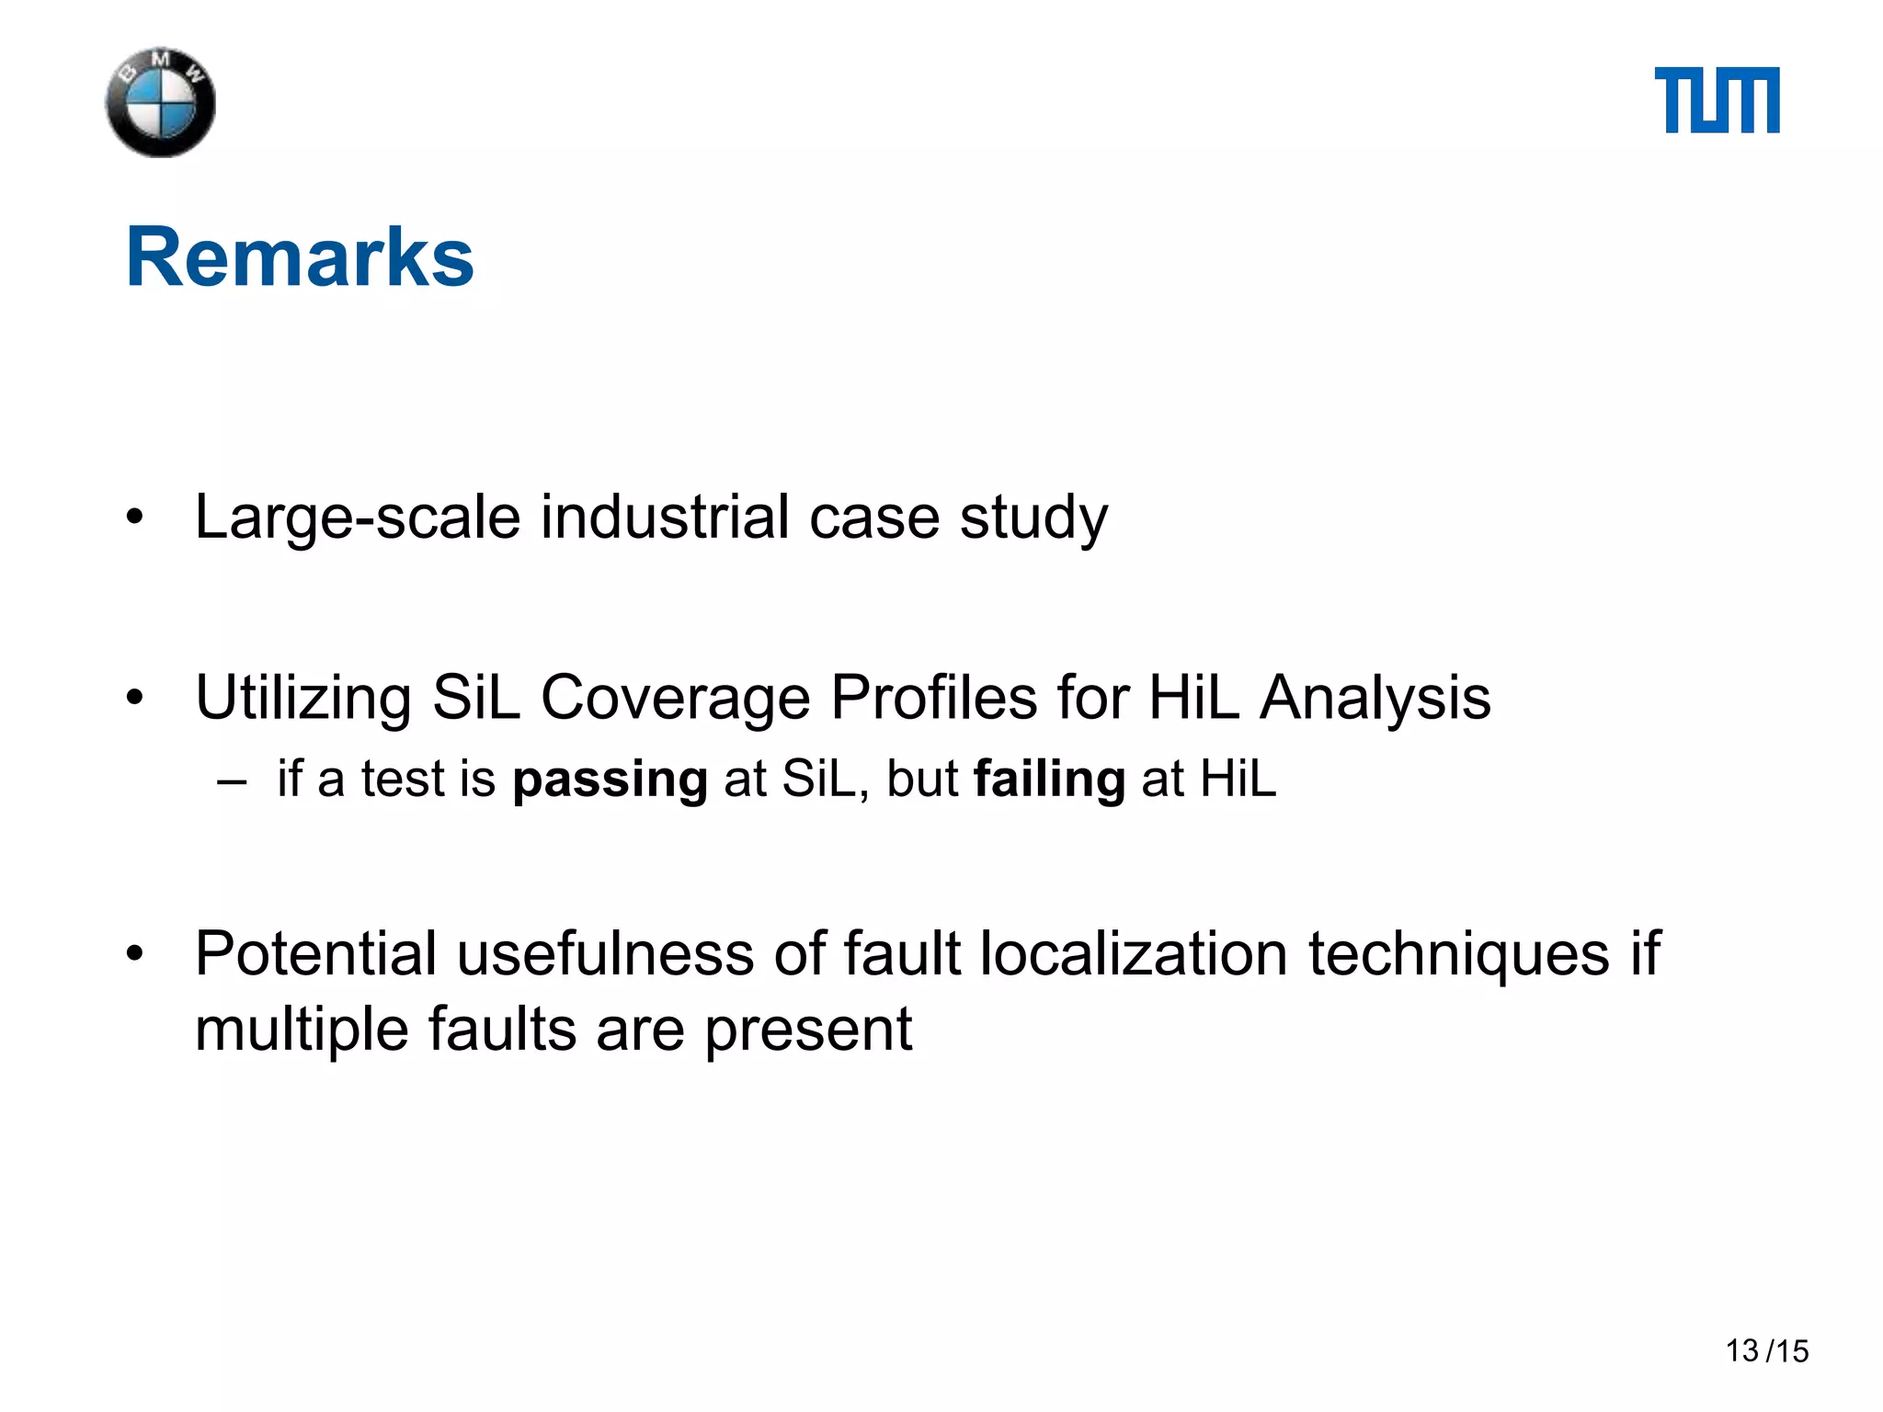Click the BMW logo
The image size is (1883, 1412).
click(161, 102)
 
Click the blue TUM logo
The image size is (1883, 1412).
click(1717, 100)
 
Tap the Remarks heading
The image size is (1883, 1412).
click(300, 257)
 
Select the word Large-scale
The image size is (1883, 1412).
click(358, 518)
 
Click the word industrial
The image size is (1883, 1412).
click(665, 518)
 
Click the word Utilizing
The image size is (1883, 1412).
click(303, 699)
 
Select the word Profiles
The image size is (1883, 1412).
click(934, 699)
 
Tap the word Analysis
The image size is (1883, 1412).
click(1375, 699)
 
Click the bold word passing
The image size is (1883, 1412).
click(610, 780)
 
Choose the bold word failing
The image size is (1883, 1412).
click(1049, 780)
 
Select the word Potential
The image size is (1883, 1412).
click(315, 953)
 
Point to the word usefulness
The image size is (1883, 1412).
click(605, 953)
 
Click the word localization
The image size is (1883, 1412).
click(1134, 953)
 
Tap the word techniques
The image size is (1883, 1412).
click(1459, 955)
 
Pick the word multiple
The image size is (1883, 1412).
click(302, 1031)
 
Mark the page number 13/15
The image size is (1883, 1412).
click(1766, 1351)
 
